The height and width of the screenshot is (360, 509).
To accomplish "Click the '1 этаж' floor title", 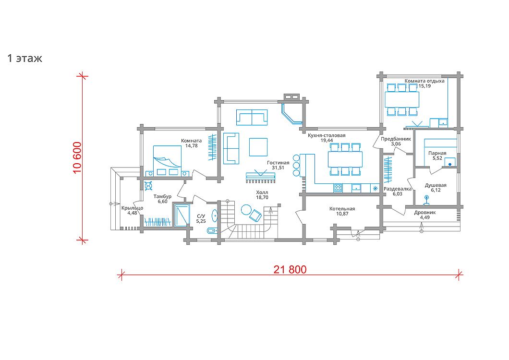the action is click(x=24, y=59).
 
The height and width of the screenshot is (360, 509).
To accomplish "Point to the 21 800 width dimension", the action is click(x=290, y=270).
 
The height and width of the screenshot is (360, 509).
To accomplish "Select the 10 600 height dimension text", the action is click(x=77, y=158).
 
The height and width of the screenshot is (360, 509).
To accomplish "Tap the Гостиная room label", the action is click(x=278, y=163).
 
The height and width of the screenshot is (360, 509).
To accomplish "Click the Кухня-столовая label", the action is click(x=327, y=135).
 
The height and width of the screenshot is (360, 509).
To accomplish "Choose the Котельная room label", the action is click(x=342, y=209).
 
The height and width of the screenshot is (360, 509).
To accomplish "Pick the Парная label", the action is click(x=437, y=153).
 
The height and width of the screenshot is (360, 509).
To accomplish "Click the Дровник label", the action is click(x=424, y=213).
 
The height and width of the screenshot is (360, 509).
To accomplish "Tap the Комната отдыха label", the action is click(x=424, y=81).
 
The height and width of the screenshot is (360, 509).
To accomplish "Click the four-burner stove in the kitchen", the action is click(x=338, y=188).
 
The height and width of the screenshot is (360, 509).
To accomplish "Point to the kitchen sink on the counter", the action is click(x=356, y=188).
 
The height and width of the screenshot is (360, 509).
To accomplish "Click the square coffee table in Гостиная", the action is click(x=258, y=147).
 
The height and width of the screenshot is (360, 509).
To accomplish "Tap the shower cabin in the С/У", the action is click(x=182, y=215).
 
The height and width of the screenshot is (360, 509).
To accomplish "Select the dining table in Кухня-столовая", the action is click(x=345, y=159).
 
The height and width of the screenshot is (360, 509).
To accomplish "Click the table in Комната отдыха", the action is click(x=401, y=99).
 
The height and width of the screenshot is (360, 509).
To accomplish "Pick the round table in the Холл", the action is click(x=246, y=209).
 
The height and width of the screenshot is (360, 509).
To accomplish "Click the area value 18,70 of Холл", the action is click(x=262, y=197).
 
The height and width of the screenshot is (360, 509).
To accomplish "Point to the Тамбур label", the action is click(x=162, y=196).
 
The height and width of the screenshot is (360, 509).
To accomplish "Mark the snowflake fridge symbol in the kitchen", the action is click(x=376, y=188).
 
